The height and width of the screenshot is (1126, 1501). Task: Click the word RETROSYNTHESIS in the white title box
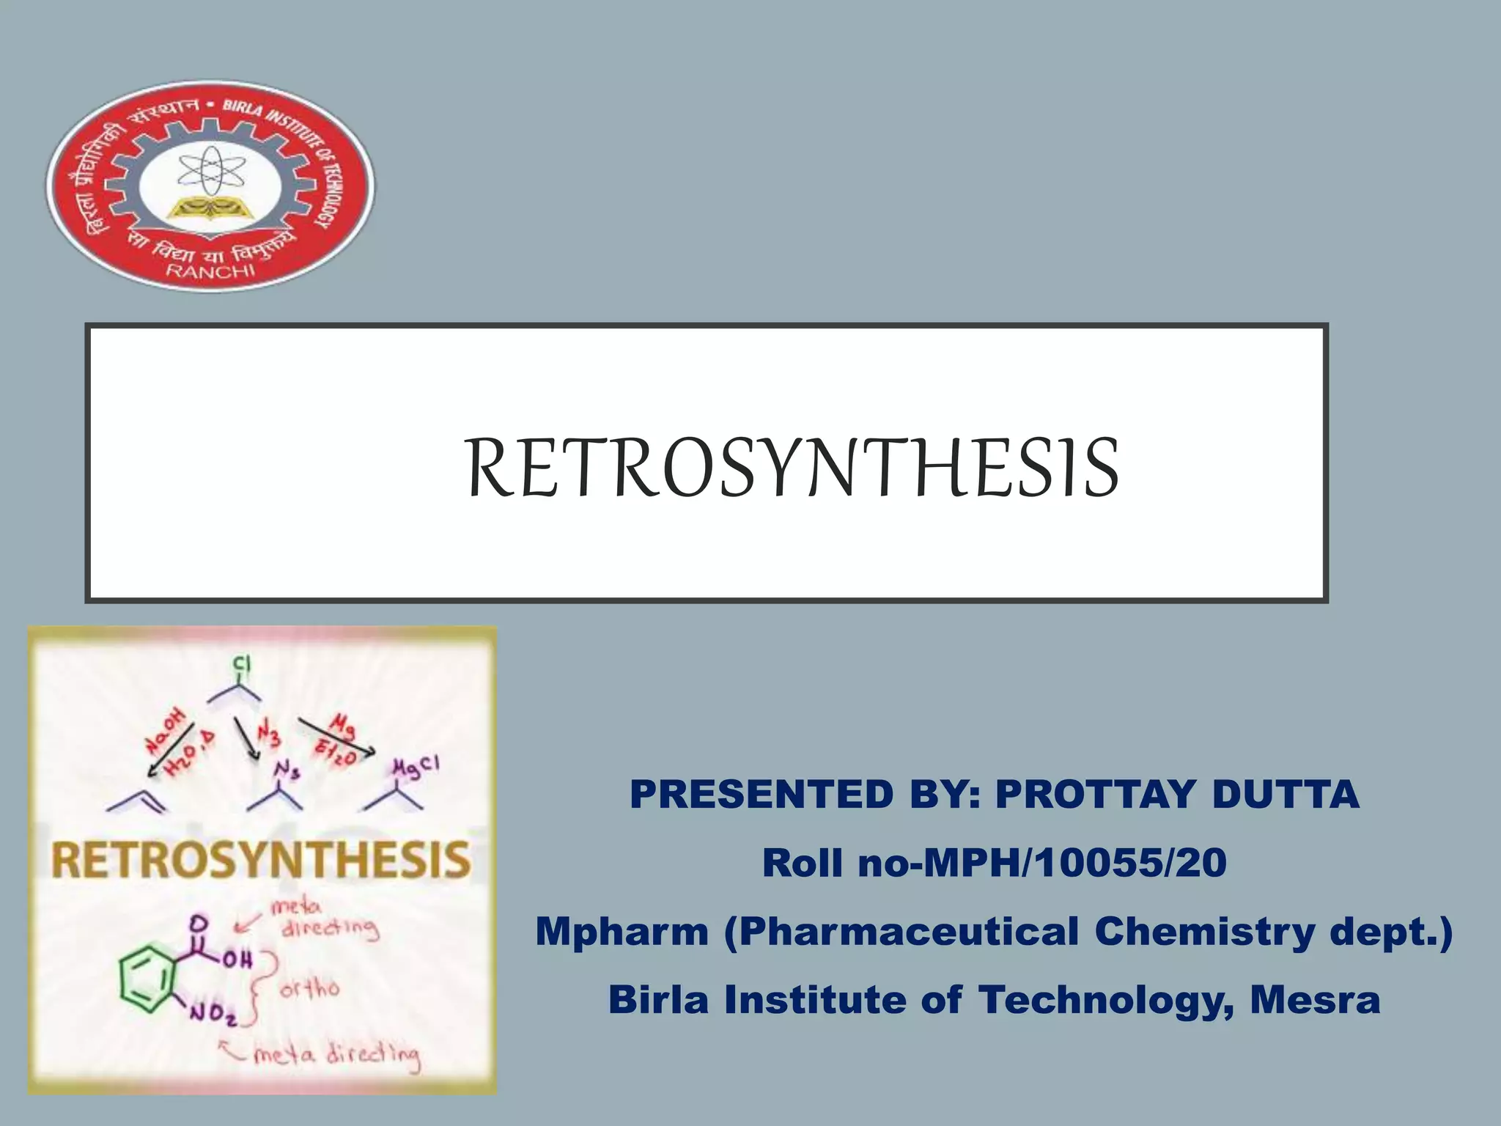coord(793,468)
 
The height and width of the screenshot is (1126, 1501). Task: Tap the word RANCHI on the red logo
coord(211,271)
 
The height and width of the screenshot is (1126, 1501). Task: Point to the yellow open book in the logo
coord(210,209)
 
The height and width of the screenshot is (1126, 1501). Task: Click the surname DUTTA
coord(1286,795)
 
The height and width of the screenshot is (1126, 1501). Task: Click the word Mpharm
coord(622,932)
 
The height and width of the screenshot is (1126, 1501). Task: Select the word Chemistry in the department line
coord(1206,932)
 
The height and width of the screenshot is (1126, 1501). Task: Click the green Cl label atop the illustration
coord(242,665)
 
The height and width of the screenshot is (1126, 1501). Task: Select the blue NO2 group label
coord(213,1014)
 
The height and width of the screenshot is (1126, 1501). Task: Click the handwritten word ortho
coord(309,990)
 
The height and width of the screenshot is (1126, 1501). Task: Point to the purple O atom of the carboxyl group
coord(197,922)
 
